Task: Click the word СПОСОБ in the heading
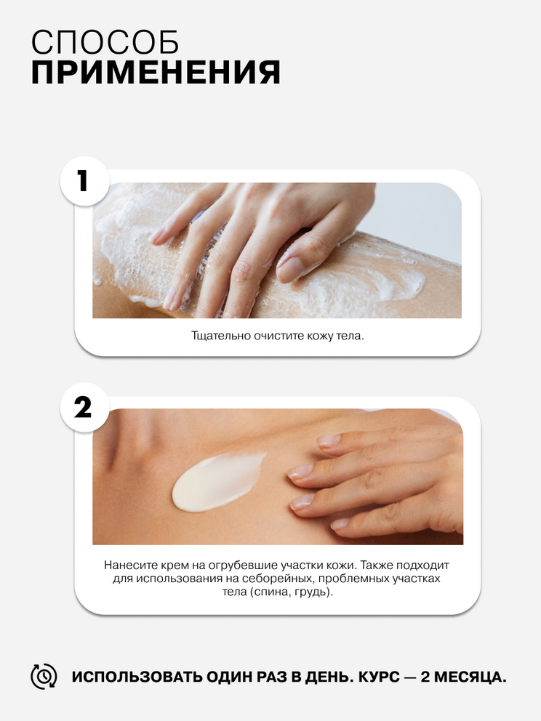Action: (x=105, y=43)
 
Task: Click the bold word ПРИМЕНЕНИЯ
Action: (x=156, y=72)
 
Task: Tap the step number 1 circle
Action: (x=84, y=181)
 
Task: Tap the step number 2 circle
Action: (x=84, y=408)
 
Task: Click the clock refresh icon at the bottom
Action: (x=44, y=677)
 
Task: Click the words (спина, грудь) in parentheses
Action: (x=289, y=592)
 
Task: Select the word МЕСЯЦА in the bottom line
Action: (x=470, y=677)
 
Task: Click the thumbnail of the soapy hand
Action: (x=277, y=250)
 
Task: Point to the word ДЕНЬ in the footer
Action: (x=329, y=677)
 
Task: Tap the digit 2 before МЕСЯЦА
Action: (x=425, y=677)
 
